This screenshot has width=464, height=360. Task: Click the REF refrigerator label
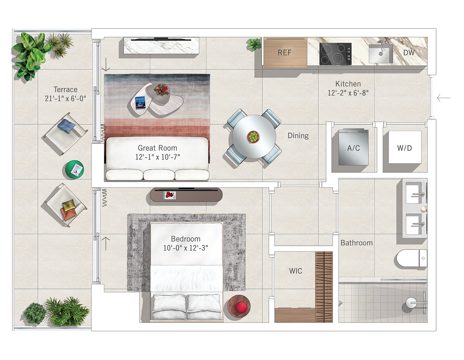tap(285, 53)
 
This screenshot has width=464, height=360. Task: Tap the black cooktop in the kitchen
tap(335, 54)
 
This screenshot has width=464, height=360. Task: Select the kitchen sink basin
tap(381, 54)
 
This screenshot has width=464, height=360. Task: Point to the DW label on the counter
tap(409, 53)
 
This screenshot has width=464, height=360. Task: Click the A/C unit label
tap(353, 148)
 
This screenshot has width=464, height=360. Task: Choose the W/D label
tap(404, 148)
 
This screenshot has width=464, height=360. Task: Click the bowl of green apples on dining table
tap(253, 136)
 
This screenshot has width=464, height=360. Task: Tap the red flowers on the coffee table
tap(162, 89)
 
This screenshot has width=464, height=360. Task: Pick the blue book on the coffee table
tap(140, 103)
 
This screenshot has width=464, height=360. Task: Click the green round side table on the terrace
tap(74, 169)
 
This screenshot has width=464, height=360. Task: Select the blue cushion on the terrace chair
tap(66, 126)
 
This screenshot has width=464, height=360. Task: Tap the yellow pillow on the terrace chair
tap(69, 205)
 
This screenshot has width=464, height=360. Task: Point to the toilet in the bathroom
tap(411, 258)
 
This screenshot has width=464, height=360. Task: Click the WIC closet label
tap(296, 271)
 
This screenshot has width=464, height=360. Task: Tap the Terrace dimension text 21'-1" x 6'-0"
tap(65, 99)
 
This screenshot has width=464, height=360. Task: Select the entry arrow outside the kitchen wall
tap(444, 98)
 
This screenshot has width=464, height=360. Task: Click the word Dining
tap(298, 136)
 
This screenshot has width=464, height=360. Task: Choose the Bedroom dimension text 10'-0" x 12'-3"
tap(186, 248)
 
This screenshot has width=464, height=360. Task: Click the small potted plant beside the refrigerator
tap(254, 44)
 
